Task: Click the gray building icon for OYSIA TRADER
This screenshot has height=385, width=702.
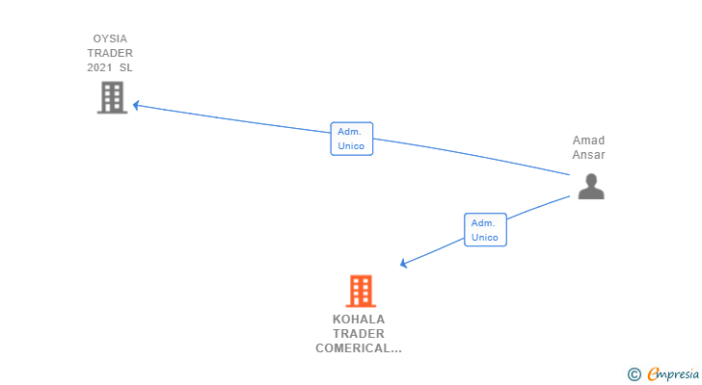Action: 112,97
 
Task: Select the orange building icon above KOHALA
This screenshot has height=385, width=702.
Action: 360,290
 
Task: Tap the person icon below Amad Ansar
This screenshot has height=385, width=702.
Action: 590,186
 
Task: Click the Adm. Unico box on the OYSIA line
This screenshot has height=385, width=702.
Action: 351,139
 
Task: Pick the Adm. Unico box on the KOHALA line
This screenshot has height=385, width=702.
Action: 485,229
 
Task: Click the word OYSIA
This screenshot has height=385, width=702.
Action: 112,39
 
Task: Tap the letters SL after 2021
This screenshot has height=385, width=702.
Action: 126,67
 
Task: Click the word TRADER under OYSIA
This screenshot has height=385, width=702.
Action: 112,54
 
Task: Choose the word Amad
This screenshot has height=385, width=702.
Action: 588,141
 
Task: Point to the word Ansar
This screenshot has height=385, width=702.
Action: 588,155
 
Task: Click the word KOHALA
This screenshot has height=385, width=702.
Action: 359,320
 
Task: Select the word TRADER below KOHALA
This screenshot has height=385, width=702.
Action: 359,334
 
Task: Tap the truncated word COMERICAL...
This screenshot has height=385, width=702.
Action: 359,348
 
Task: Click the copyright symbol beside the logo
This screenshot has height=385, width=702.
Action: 634,373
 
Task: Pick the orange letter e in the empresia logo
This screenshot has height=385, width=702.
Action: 654,373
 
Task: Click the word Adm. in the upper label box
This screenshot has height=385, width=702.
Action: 351,132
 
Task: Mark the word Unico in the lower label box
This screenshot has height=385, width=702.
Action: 485,237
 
